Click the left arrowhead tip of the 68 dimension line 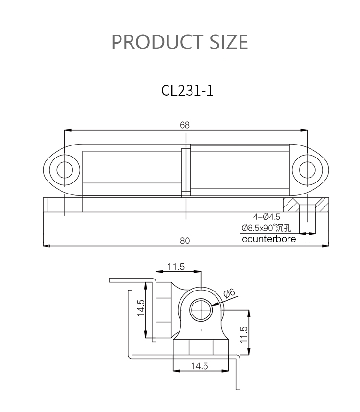pos(65,130)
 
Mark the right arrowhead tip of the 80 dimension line pos(329,246)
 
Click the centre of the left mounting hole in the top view pos(65,170)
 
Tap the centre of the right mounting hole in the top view pos(307,170)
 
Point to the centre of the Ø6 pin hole pos(201,310)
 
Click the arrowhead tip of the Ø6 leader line pos(212,306)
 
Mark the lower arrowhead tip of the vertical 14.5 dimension pos(146,338)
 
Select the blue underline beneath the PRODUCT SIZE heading pos(180,61)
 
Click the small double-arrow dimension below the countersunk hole pos(308,233)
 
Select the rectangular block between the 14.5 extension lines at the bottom pos(201,347)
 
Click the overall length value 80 pos(185,241)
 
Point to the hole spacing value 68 pos(185,125)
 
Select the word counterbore pos(269,239)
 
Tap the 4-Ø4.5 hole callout pos(266,217)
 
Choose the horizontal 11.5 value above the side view pos(176,267)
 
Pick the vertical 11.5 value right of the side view pos(244,335)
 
